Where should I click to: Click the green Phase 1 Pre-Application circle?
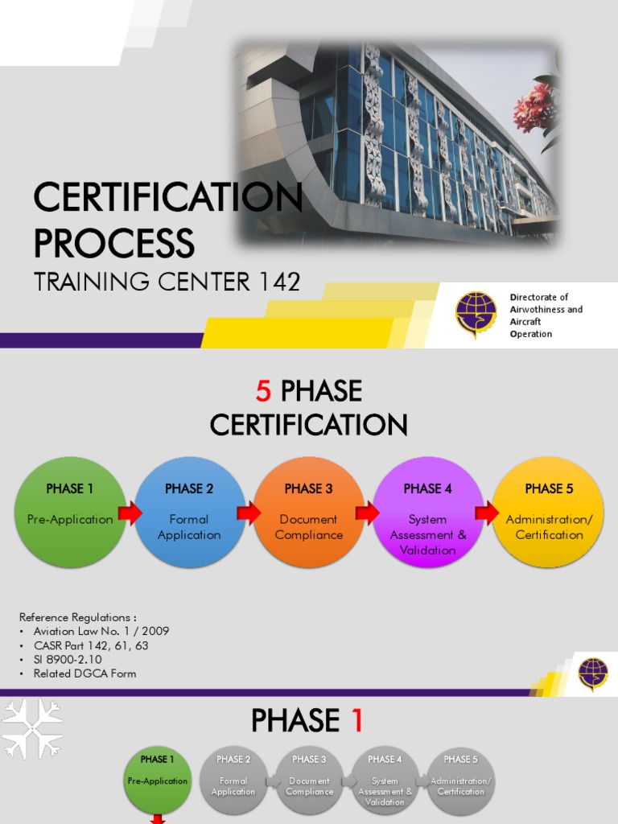pos(70,511)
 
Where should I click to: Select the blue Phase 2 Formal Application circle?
pos(189,512)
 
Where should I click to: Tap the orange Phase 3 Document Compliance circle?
pos(308,512)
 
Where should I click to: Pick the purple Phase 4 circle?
pos(427,512)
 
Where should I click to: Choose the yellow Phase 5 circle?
pos(549,512)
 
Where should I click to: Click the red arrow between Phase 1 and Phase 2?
pos(130,513)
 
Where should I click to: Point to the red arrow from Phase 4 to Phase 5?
pos(487,513)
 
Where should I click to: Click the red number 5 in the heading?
pos(264,392)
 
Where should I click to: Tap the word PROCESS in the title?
pos(113,243)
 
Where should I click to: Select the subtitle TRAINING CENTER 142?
pos(167,282)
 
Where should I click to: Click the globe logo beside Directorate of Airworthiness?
pos(476,313)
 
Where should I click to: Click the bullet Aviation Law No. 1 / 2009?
pos(101,631)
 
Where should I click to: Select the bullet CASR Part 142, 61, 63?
pos(90,645)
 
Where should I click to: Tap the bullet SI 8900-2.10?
pos(68,659)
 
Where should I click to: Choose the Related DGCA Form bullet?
pos(84,674)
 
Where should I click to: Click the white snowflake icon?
pos(31,727)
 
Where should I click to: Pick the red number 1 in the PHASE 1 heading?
pos(355,720)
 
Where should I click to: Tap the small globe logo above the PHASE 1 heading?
pos(593,674)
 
